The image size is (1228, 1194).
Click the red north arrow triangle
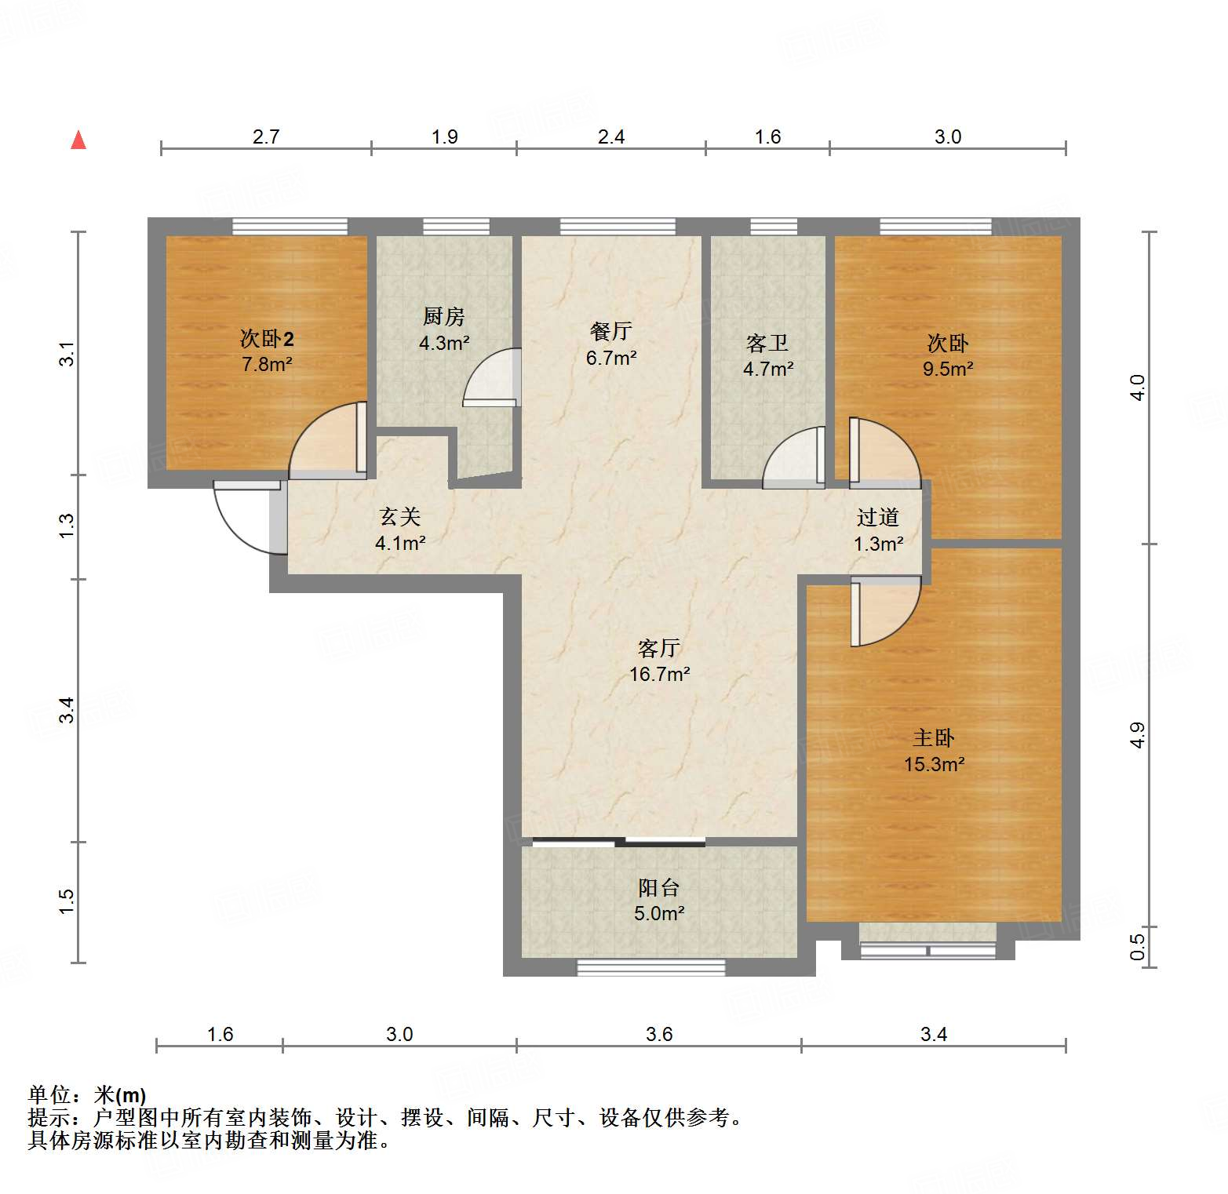[x=78, y=140]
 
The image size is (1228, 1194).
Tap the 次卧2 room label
[x=267, y=339]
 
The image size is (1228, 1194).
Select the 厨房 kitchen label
[x=443, y=317]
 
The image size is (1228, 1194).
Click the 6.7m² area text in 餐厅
[x=611, y=359]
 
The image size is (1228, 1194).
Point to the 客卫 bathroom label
[x=767, y=344]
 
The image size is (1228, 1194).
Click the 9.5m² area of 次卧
[x=948, y=369]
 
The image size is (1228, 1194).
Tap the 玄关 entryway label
[x=400, y=517]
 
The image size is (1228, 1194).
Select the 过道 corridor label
[x=877, y=518]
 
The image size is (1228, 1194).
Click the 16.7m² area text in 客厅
[x=659, y=675]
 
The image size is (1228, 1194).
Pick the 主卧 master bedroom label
[x=934, y=738]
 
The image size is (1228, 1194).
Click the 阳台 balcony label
[x=658, y=888]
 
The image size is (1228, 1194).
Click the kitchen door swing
[x=492, y=378]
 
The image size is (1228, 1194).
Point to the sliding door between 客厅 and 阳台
[x=619, y=843]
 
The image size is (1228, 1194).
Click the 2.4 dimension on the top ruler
[x=611, y=137]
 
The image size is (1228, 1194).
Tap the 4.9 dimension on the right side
[x=1138, y=735]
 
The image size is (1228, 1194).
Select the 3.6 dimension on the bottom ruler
[x=659, y=1035]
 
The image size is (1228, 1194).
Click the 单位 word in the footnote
[x=49, y=1095]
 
